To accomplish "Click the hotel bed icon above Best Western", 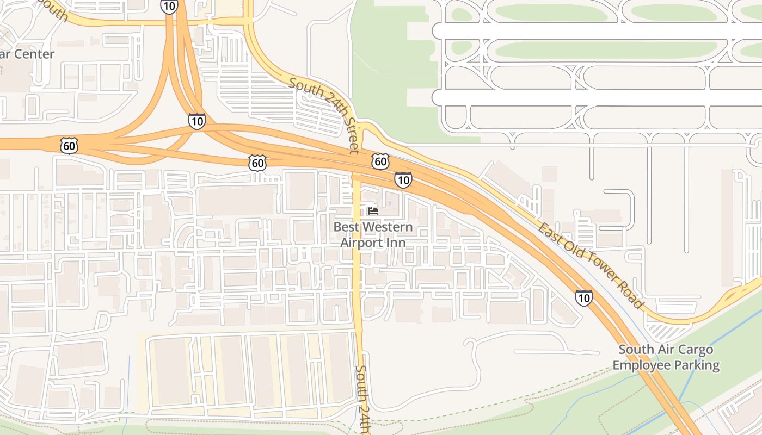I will tap(373, 211).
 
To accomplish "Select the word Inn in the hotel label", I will tap(396, 242).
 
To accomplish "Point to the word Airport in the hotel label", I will tap(361, 242).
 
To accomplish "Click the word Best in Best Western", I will tap(347, 227).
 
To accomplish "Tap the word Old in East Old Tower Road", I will tap(570, 247).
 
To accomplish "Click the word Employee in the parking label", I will tap(642, 365).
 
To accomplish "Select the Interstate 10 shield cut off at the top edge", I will tap(169, 5).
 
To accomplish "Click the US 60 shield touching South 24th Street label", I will tap(380, 161).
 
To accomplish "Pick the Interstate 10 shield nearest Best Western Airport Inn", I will tap(403, 179).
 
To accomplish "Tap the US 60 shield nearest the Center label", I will tap(70, 146).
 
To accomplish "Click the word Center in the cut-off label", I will tap(35, 54).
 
